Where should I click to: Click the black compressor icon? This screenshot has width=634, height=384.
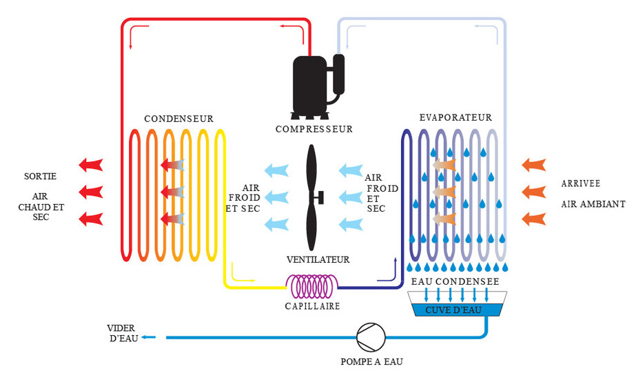tap(314, 84)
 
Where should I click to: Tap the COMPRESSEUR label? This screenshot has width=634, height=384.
tap(314, 129)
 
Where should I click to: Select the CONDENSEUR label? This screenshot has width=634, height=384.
tap(178, 119)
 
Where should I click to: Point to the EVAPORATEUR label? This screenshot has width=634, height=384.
tap(456, 118)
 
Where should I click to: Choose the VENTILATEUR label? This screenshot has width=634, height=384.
tap(318, 260)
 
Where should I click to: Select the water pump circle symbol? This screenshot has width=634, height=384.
tap(370, 337)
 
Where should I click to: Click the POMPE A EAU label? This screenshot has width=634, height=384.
tap(371, 362)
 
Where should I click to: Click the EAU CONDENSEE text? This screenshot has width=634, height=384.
tap(455, 282)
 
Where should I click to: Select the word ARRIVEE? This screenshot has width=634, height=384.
tap(582, 183)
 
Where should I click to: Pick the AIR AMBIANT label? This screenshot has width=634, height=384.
tap(593, 204)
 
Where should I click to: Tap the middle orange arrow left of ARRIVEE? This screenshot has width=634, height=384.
tap(535, 192)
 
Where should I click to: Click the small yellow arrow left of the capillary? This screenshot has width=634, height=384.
tap(243, 278)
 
